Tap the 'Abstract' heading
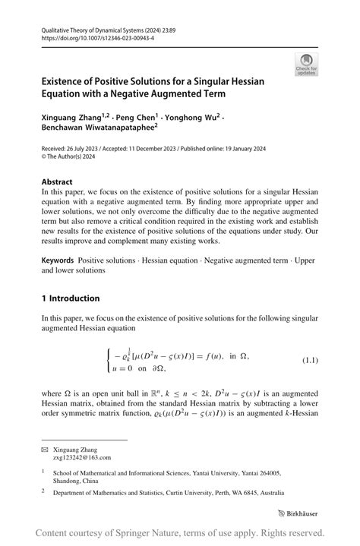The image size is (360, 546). pos(58,181)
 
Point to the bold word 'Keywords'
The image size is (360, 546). pos(62,260)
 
